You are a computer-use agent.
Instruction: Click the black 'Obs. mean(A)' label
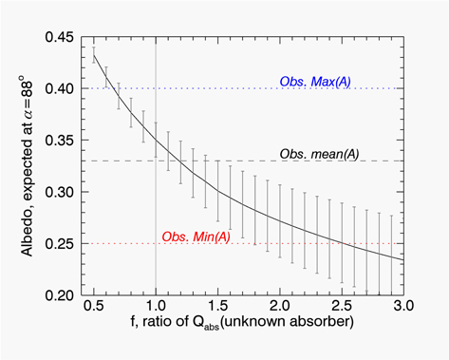pos(318,153)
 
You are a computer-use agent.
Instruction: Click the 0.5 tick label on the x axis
pos(94,308)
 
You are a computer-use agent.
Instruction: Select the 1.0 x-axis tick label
pos(156,308)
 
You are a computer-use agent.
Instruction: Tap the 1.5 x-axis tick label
pos(217,308)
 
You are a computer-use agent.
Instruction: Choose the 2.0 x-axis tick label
pos(279,308)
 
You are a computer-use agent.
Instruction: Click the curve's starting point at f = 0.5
pos(94,57)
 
